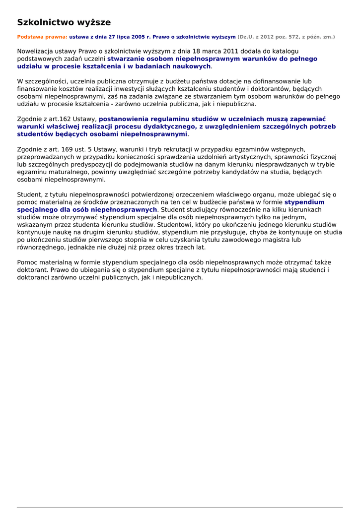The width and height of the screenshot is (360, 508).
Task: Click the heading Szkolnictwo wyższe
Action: [x=64, y=22]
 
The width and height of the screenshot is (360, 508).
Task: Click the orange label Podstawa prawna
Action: [x=42, y=37]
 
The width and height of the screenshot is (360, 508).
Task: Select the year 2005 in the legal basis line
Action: [x=139, y=37]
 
